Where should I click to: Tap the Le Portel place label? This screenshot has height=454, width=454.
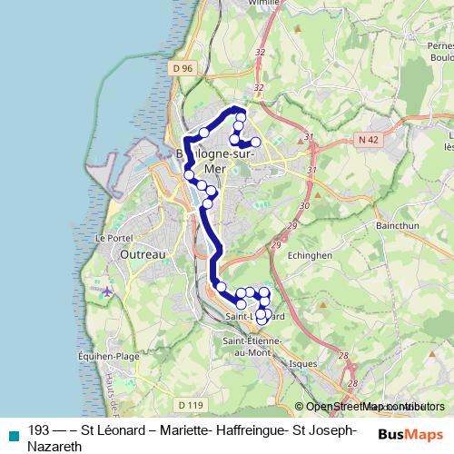pos(113,238)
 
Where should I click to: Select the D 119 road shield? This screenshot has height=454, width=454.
pos(191,405)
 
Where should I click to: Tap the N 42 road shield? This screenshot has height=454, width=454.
pos(367,139)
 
